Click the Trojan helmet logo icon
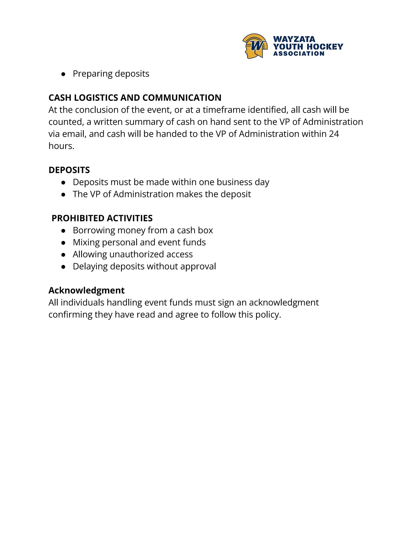coord(255,46)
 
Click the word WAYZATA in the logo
coord(294,39)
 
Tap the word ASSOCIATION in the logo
coord(299,54)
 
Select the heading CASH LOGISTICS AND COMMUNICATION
coord(135,98)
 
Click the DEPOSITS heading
coord(69,170)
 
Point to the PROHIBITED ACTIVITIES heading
coord(102,218)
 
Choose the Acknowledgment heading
coord(86,290)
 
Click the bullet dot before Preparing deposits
coord(63,74)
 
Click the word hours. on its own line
coord(61,146)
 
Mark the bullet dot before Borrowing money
coord(63,231)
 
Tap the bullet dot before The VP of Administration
coord(63,194)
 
